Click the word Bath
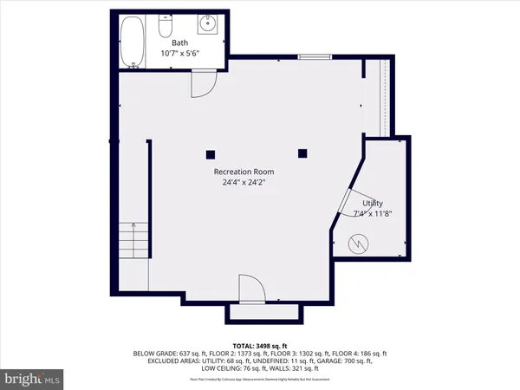click(x=179, y=42)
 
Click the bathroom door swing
click(x=200, y=83)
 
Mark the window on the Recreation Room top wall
click(x=309, y=57)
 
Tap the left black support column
click(x=210, y=154)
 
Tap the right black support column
click(x=302, y=154)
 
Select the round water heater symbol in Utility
click(x=358, y=245)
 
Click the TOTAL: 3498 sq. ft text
click(x=260, y=344)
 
